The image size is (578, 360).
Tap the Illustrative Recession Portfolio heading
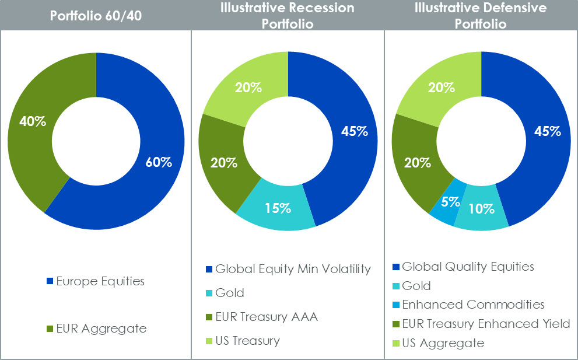[288, 15]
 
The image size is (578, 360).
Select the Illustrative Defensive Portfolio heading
[481, 15]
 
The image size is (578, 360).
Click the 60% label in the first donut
[159, 163]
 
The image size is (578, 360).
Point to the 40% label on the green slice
[33, 122]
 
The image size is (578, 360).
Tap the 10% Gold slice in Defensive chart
[481, 208]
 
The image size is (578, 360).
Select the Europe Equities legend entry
[100, 281]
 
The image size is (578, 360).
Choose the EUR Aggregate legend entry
[101, 328]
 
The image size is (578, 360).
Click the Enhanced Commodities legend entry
[473, 305]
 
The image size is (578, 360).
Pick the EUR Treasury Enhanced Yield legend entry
[486, 324]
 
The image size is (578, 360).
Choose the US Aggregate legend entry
[443, 343]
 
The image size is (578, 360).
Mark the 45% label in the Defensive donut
[547, 131]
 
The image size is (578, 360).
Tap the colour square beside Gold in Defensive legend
[396, 286]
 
